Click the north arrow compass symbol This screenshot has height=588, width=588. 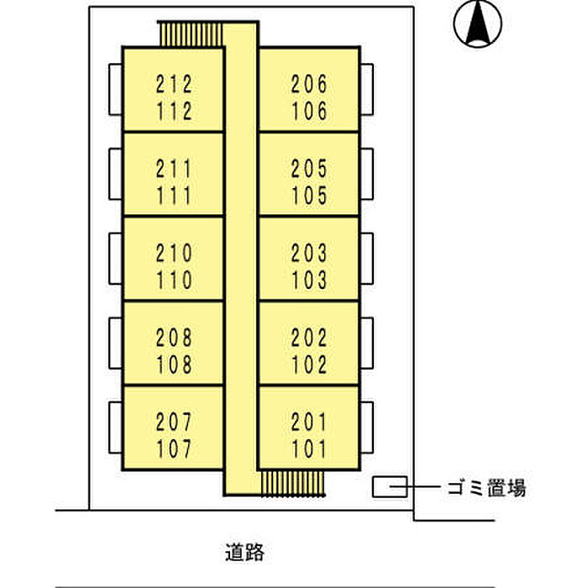click(477, 24)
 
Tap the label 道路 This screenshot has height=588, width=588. click(245, 552)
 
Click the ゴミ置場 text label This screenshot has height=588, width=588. click(486, 487)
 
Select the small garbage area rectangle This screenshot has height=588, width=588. click(390, 486)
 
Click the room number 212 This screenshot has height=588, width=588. click(174, 84)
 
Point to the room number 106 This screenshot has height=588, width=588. click(309, 111)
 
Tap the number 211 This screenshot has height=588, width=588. click(174, 169)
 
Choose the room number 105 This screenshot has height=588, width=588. click(309, 196)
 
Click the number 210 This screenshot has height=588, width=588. click(174, 253)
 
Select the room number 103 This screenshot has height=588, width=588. click(309, 280)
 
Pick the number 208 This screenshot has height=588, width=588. click(174, 338)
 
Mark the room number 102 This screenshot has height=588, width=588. click(309, 365)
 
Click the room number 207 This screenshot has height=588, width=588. click(174, 422)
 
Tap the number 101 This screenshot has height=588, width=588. click(309, 449)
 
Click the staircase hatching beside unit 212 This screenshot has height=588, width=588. click(191, 34)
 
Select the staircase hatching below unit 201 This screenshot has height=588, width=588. click(292, 483)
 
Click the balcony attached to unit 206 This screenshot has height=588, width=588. click(367, 90)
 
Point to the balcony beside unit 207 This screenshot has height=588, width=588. click(116, 428)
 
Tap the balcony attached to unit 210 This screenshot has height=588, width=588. click(116, 259)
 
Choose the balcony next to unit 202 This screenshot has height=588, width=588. click(367, 343)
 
